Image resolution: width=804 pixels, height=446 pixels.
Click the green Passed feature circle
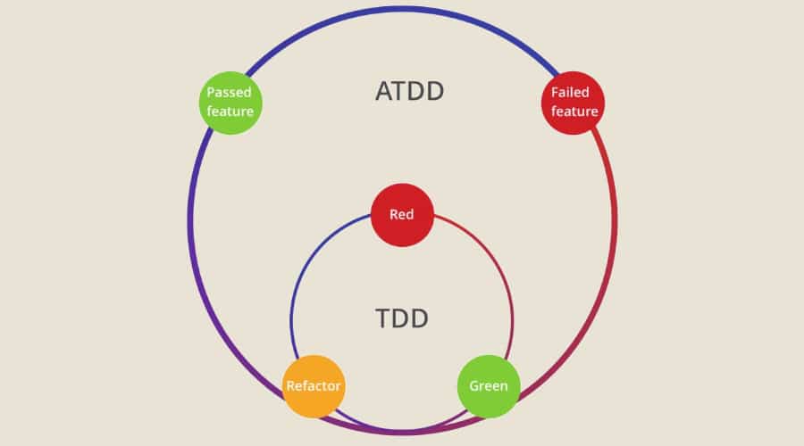click(230, 103)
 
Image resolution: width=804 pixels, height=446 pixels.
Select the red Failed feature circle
click(574, 103)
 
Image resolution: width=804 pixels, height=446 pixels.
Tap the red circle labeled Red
click(402, 215)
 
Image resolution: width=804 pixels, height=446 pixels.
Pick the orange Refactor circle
click(313, 386)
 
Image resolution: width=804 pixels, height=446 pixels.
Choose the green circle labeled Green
click(489, 386)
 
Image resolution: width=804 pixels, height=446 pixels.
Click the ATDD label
click(409, 91)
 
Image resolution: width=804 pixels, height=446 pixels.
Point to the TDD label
click(402, 318)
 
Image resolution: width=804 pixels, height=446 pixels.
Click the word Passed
click(230, 93)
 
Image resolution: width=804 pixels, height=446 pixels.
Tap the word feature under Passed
click(230, 111)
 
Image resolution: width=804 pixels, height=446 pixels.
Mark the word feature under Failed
click(574, 111)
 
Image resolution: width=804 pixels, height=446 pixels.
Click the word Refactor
click(313, 386)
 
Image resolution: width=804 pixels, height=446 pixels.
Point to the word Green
click(489, 386)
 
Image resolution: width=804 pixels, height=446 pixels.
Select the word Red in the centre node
click(402, 215)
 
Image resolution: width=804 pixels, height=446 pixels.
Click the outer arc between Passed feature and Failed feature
click(402, 9)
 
